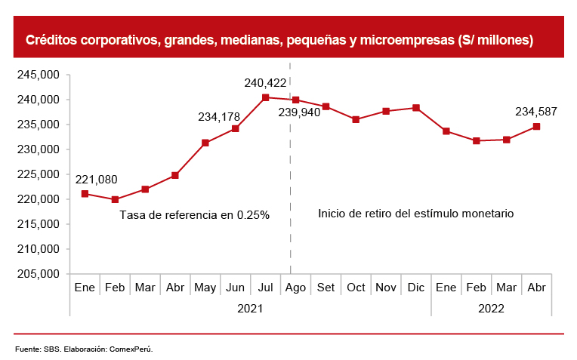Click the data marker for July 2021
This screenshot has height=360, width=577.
point(266,97)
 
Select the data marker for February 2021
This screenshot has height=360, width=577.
point(115,199)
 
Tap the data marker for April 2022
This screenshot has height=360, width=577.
point(536,126)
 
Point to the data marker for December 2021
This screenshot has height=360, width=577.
point(416,108)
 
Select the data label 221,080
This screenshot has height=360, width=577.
point(96,179)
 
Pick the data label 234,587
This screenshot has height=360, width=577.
point(536,112)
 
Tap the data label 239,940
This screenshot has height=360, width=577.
point(300,112)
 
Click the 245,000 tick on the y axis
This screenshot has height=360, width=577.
point(39,75)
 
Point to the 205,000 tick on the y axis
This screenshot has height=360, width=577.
point(39,274)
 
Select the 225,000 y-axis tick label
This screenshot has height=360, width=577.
point(39,174)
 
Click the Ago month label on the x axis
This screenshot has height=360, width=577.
point(296,288)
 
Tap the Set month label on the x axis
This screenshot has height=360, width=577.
point(326,288)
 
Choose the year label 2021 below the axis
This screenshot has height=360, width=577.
point(250,308)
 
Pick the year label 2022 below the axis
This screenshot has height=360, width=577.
point(491,308)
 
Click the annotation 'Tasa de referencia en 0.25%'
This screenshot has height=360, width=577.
point(195,215)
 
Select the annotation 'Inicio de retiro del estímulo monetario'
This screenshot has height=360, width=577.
point(415,214)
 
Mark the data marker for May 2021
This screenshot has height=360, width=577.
point(205,143)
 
